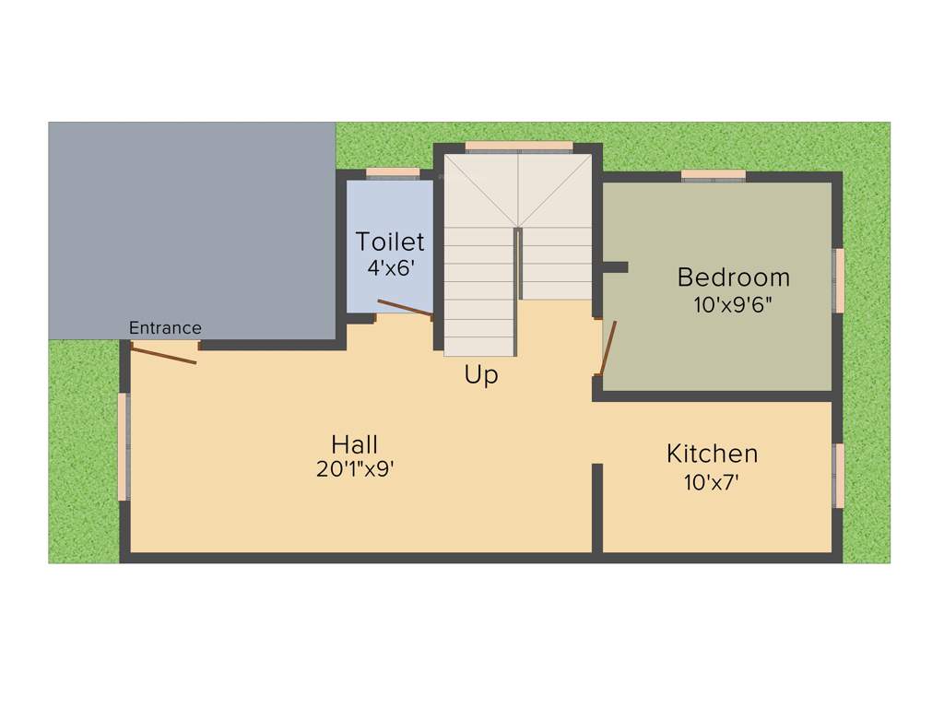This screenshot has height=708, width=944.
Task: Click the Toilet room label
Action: click(x=390, y=242)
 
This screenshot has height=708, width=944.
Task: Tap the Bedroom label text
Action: click(x=733, y=277)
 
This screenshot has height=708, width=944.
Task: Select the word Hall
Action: click(x=355, y=444)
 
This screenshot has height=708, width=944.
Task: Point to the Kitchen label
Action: click(x=712, y=454)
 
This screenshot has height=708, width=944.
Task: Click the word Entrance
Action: click(x=165, y=327)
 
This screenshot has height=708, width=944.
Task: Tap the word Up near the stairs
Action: click(x=481, y=375)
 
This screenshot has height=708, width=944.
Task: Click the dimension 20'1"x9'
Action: click(x=355, y=469)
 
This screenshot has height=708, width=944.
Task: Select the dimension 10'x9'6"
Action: click(x=733, y=304)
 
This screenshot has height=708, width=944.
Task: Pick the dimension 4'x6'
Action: click(x=390, y=268)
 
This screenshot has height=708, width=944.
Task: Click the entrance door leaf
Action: click(x=163, y=354)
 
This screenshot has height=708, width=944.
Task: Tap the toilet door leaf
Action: click(x=405, y=309)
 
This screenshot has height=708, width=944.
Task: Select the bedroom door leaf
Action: click(x=608, y=348)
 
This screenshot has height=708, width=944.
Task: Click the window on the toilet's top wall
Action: click(x=393, y=172)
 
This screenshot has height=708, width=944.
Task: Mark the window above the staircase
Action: click(x=519, y=146)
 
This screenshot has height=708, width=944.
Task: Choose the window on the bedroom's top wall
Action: click(x=713, y=175)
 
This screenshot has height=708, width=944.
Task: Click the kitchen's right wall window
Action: click(x=839, y=475)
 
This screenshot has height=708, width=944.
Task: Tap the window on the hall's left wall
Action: click(x=124, y=446)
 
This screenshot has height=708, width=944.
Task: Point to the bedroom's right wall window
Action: click(x=839, y=280)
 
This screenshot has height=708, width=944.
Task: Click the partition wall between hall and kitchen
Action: click(x=596, y=508)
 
